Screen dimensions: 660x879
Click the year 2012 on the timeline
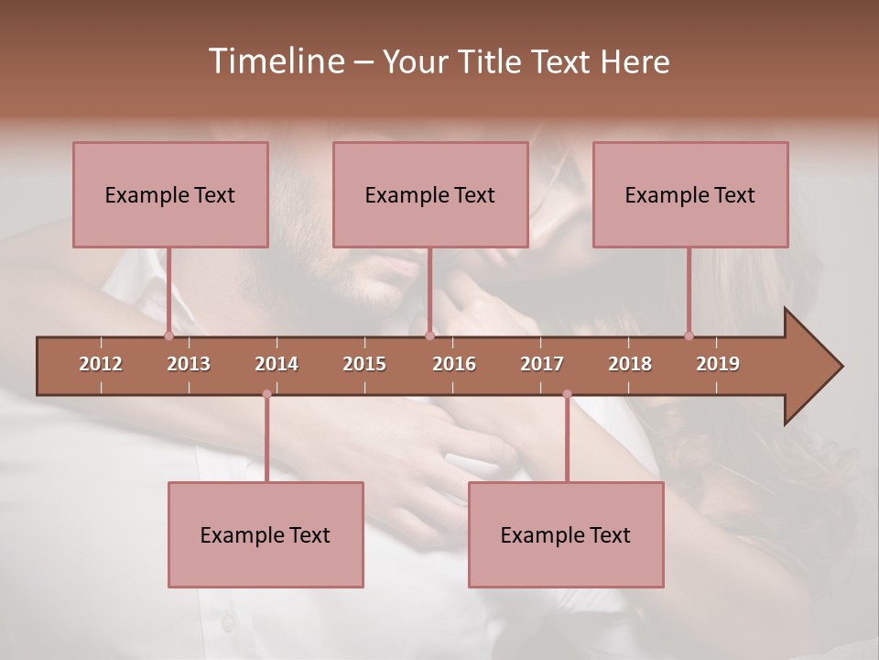[x=101, y=364]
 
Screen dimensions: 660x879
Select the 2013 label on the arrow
[x=189, y=364]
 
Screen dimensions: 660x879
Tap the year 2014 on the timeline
[x=277, y=364]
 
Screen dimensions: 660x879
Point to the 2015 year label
[x=364, y=364]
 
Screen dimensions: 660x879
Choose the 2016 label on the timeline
[x=454, y=364]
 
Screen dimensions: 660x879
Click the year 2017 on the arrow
[x=542, y=364]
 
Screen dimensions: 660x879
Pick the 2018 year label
[x=630, y=364]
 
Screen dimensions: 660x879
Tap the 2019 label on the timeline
[x=718, y=364]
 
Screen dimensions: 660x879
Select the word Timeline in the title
[x=275, y=61]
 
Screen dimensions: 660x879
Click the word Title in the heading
[x=490, y=62]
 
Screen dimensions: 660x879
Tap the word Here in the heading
[x=635, y=62]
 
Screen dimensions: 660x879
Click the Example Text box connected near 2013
[x=170, y=194]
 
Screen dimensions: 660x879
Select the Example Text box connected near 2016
[x=430, y=194]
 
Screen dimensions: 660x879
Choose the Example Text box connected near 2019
[x=690, y=194]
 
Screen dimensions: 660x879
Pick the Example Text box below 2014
[x=266, y=534]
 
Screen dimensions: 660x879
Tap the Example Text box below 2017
[x=566, y=534]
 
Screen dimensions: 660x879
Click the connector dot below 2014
[x=266, y=394]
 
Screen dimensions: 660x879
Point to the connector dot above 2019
[x=689, y=335]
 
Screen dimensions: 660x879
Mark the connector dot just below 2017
[x=567, y=394]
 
